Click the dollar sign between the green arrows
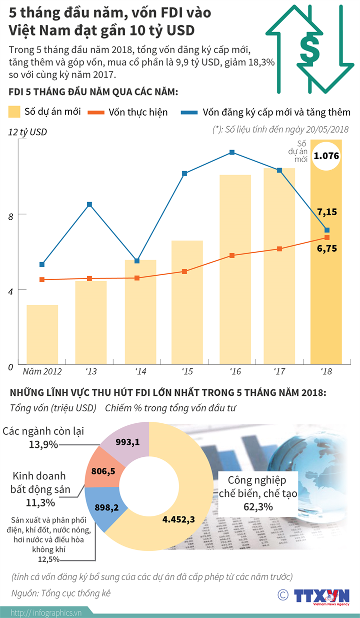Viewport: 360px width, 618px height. click(309, 49)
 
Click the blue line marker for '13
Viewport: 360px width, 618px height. click(89, 204)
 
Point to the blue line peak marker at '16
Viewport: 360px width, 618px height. click(232, 152)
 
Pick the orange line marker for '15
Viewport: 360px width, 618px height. click(184, 271)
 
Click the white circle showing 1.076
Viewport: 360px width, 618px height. click(326, 156)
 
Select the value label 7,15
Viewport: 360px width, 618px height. click(326, 212)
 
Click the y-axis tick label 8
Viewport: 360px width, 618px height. click(9, 215)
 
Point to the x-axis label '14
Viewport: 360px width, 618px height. click(140, 372)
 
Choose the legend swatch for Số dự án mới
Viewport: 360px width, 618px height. click(14, 112)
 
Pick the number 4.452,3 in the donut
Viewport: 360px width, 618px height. click(178, 519)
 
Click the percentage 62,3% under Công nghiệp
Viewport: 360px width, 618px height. click(258, 507)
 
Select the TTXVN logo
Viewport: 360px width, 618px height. click(320, 595)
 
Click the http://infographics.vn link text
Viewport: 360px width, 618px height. click(46, 612)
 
